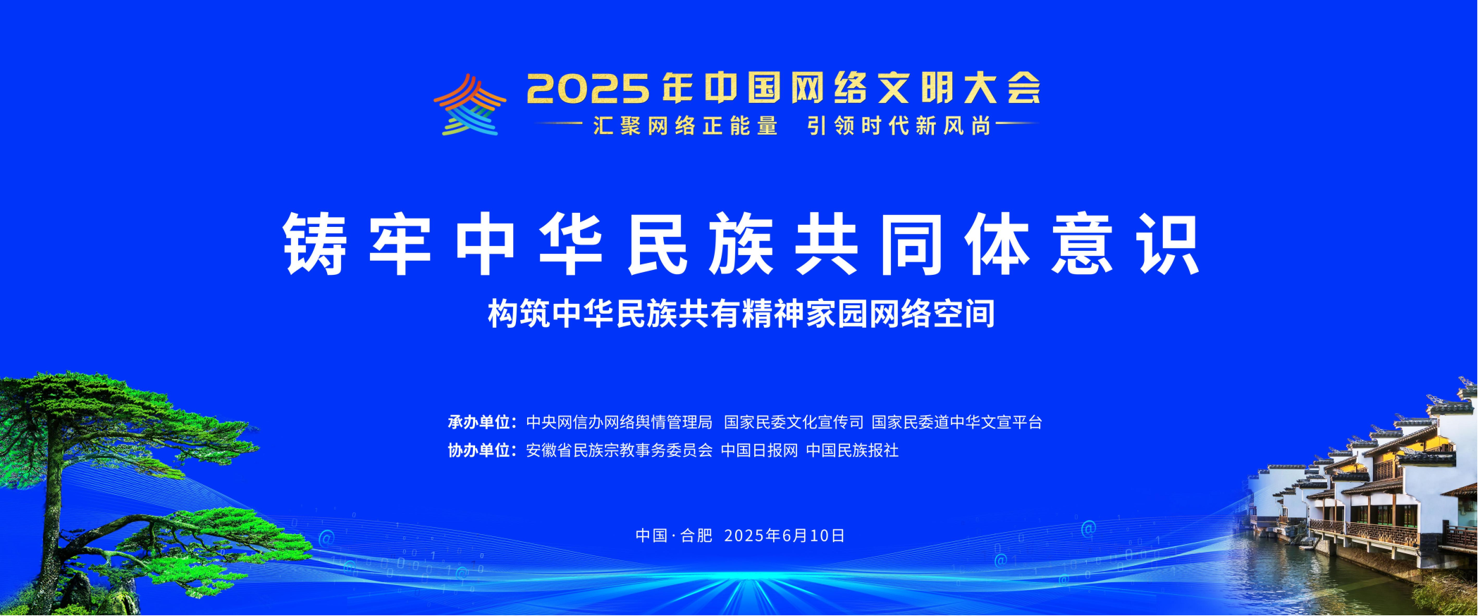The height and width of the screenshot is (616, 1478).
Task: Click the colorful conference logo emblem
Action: (469, 105)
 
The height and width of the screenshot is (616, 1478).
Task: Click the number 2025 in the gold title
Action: (588, 90)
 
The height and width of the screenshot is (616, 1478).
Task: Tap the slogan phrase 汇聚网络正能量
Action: (685, 126)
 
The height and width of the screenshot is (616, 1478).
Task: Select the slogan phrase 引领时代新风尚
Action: (899, 126)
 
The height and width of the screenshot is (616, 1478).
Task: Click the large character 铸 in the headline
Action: (315, 244)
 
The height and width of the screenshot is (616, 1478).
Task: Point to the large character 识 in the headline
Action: (1167, 244)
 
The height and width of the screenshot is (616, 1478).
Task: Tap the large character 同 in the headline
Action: (911, 244)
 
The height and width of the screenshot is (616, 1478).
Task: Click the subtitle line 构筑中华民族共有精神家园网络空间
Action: (741, 314)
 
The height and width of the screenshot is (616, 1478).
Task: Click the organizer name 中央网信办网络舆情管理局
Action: (619, 422)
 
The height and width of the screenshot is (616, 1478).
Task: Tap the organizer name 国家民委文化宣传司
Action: (794, 422)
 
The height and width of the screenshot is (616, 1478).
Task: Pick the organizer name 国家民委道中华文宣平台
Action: (956, 422)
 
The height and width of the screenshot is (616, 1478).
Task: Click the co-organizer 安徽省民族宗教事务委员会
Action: (619, 450)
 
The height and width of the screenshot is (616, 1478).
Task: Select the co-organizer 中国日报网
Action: (759, 450)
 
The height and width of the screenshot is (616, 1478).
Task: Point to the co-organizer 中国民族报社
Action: (852, 450)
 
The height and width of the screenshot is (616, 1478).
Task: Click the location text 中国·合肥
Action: (674, 536)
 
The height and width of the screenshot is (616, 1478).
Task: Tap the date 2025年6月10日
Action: (784, 536)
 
